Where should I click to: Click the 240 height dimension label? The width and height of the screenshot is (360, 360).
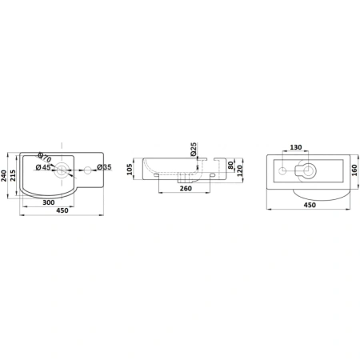tap(4, 176)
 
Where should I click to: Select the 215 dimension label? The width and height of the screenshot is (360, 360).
tap(13, 175)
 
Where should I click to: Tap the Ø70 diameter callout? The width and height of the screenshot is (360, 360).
tap(45, 158)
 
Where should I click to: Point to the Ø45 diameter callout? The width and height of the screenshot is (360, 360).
tap(43, 167)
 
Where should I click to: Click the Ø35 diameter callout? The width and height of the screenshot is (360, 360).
tap(104, 167)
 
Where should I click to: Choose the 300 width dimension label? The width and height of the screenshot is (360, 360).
tap(49, 202)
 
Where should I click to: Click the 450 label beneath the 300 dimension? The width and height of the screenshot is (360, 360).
tap(62, 210)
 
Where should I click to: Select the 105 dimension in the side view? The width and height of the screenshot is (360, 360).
tap(130, 170)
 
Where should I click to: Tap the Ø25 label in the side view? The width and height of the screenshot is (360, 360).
tap(194, 150)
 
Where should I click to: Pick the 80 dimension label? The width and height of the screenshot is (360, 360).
tap(230, 166)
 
